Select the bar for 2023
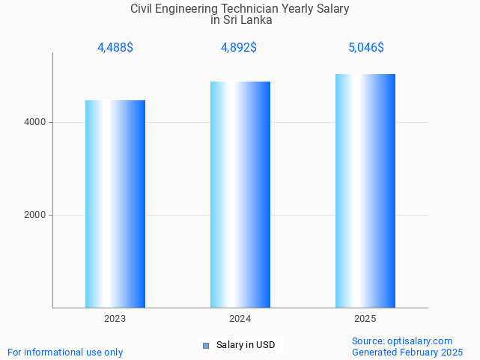coord(115,204)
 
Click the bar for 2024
coord(240,195)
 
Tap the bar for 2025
coord(365,191)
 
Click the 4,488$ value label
coord(115,47)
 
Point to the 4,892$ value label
coord(239,47)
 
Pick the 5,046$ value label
coord(365,47)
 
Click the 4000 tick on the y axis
coord(34,122)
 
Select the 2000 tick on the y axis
coord(34,215)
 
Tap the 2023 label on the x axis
coord(115,319)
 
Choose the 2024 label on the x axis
coord(240,319)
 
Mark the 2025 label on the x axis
coord(365,319)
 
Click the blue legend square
coord(206,345)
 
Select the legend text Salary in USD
coord(246,345)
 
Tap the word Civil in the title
coord(143,9)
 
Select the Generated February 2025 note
coord(407,352)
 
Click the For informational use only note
coord(65,352)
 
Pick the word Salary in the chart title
coord(332,9)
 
